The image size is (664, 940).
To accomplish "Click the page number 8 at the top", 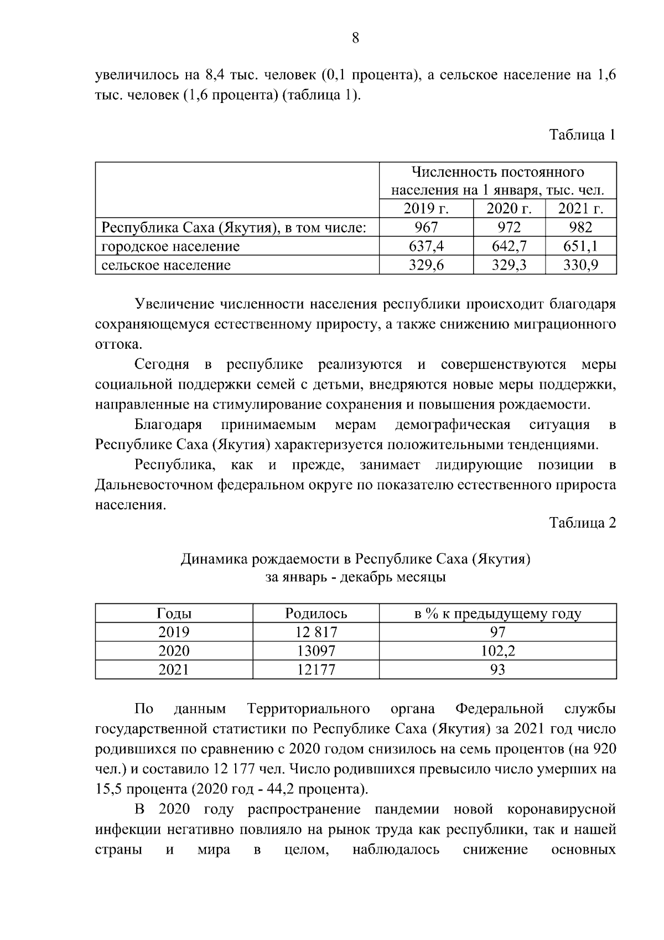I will [x=355, y=38].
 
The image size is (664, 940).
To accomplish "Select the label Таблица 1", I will [x=582, y=135].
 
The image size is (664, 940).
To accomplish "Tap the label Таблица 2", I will [x=582, y=523].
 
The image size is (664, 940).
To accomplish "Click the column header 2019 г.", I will [x=426, y=209].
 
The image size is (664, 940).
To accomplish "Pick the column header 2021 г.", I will [x=580, y=209].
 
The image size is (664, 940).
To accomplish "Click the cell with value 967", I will [x=426, y=228].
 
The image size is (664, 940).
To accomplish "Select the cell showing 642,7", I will [x=509, y=246].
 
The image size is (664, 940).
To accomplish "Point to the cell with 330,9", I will [x=580, y=265].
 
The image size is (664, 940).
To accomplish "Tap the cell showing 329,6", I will [x=426, y=265].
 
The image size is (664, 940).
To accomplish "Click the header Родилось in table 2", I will [x=316, y=613].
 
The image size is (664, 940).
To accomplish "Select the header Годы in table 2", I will [x=174, y=613].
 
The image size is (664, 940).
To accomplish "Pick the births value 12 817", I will [x=316, y=632].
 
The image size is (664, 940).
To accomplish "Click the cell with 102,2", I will [x=497, y=651].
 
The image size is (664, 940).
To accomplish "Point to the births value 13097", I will [x=316, y=651].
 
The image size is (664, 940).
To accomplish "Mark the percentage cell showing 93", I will [x=497, y=670].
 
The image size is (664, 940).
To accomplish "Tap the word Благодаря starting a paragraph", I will [x=168, y=425].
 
